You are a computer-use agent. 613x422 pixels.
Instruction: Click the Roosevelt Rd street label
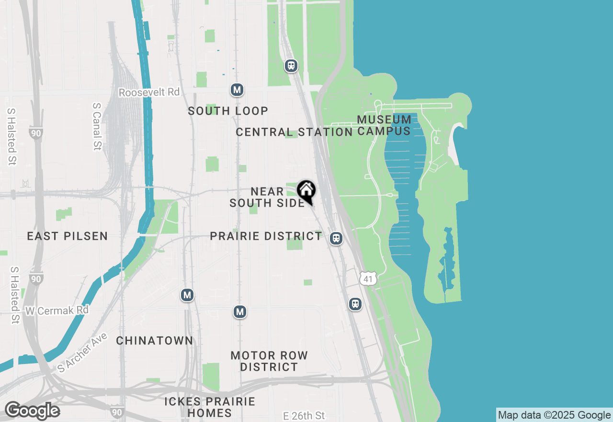click(x=149, y=92)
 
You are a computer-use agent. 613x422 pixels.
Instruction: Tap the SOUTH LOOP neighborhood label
click(x=228, y=111)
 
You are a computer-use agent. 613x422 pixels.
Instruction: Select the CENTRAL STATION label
click(x=294, y=132)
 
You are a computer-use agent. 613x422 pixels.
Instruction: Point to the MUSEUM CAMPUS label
click(x=384, y=125)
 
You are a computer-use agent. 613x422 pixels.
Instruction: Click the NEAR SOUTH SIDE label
click(x=267, y=197)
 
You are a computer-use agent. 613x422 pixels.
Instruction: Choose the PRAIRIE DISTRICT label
click(x=266, y=236)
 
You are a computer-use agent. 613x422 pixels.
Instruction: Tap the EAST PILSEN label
click(x=67, y=236)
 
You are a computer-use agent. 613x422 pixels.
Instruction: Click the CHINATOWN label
click(x=155, y=340)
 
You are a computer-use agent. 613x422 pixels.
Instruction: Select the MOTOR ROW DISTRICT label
click(x=269, y=361)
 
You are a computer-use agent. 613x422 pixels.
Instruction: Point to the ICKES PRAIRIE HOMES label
click(x=210, y=407)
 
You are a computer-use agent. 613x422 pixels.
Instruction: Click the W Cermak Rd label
click(x=57, y=311)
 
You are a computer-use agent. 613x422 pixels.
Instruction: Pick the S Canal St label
click(x=97, y=127)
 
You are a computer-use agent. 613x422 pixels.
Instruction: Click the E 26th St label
click(x=304, y=415)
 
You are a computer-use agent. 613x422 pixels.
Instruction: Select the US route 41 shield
click(x=367, y=278)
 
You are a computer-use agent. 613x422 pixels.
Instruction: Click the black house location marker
click(x=306, y=192)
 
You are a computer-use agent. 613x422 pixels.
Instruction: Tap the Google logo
click(x=32, y=411)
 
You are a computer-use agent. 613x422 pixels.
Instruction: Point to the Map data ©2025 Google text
click(x=554, y=415)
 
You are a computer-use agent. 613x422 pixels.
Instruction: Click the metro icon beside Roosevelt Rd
click(x=237, y=90)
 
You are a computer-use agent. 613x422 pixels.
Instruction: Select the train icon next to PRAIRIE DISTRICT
click(x=336, y=238)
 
